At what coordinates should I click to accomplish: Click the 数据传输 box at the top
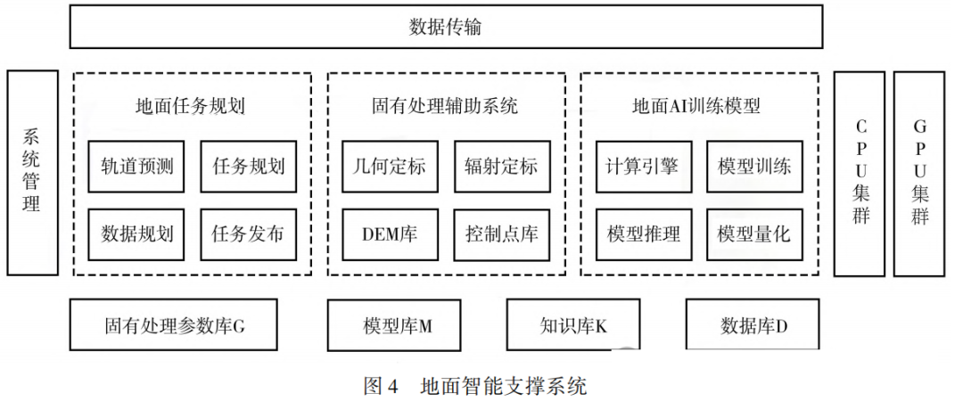[446, 27]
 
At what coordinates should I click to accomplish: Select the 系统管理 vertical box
[32, 173]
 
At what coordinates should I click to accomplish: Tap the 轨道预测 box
[136, 167]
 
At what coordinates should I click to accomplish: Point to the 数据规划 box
[136, 234]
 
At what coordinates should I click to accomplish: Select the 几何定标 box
[390, 167]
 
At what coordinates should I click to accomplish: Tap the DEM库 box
[390, 234]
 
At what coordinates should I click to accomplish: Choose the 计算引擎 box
[643, 167]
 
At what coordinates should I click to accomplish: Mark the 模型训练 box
[754, 167]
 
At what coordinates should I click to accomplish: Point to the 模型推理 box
[643, 234]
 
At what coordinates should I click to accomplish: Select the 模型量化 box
[754, 234]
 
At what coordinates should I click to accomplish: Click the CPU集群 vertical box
[860, 173]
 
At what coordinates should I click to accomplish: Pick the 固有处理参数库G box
[173, 325]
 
